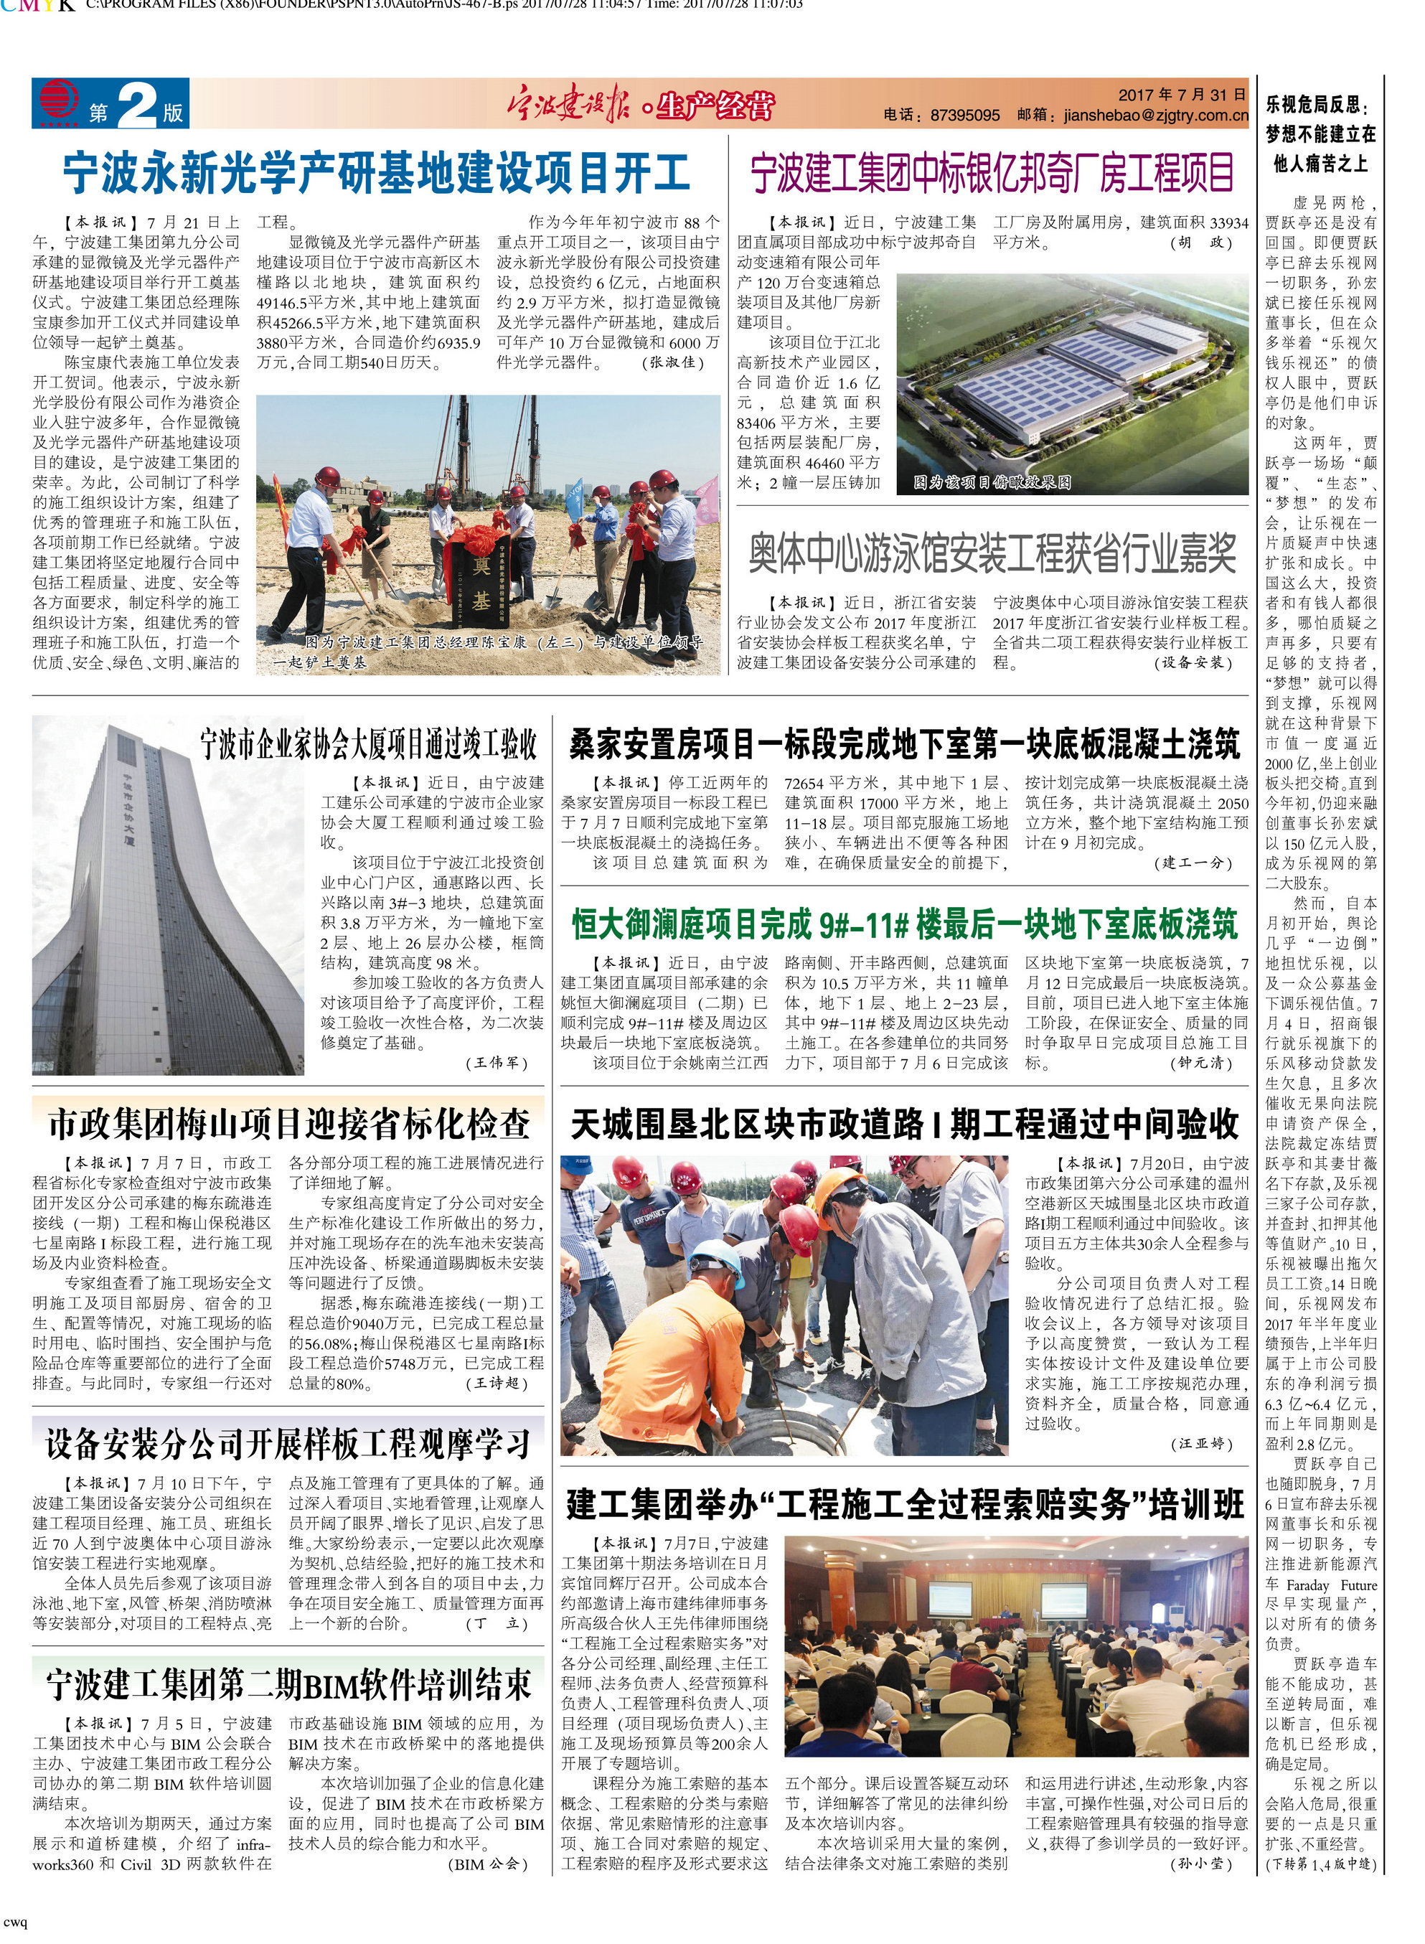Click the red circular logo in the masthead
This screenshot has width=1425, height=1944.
[x=58, y=101]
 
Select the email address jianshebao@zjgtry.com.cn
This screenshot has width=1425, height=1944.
[x=1156, y=116]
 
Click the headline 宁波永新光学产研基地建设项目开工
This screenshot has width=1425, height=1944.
[x=376, y=174]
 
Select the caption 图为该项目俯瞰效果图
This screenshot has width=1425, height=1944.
[x=992, y=483]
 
